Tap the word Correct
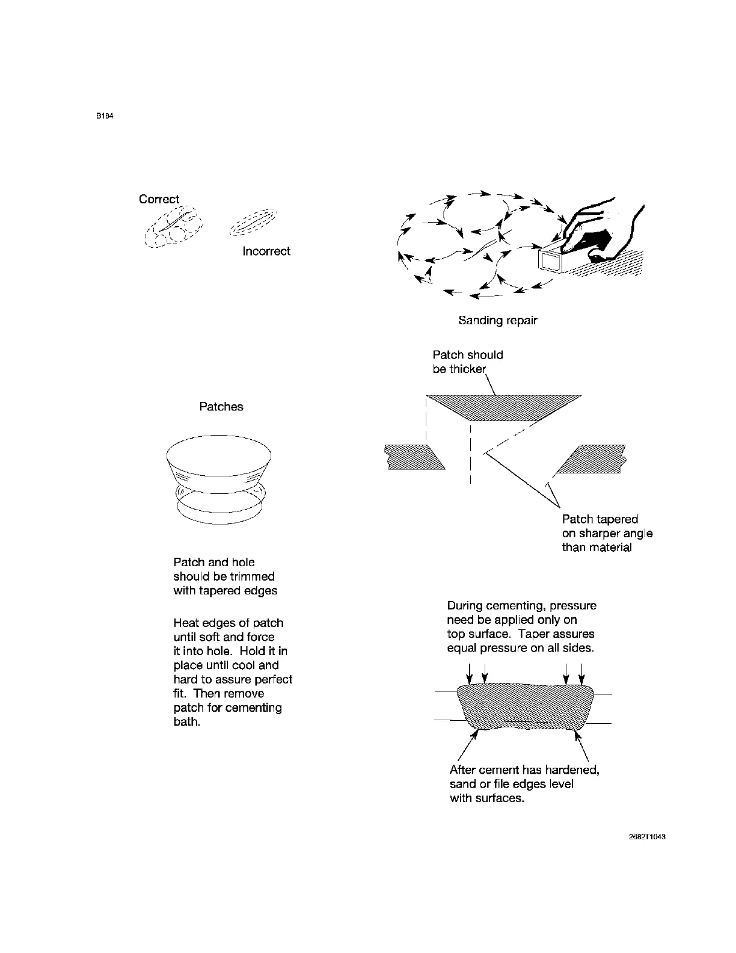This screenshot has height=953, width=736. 159,199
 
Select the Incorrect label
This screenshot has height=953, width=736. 266,251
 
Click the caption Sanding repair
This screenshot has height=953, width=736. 497,320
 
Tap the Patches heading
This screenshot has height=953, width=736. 221,407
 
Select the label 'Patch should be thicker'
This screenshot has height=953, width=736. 467,362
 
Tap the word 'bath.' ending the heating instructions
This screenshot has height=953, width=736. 186,721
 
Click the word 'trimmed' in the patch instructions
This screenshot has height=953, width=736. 252,576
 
